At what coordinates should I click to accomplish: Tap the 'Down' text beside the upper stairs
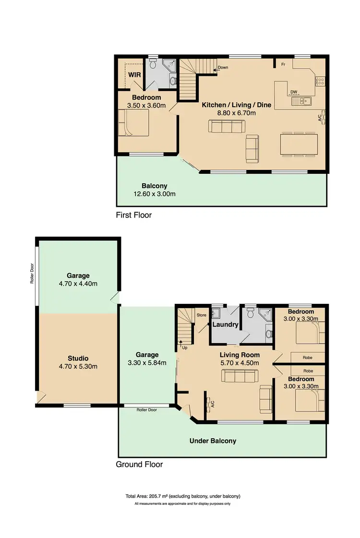pos(223,68)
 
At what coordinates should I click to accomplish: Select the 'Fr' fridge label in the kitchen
pos(284,64)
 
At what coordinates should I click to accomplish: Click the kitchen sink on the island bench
pos(301,101)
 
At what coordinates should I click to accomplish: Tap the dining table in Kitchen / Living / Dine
pos(299,144)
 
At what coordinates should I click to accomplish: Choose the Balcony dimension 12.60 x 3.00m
pos(155,194)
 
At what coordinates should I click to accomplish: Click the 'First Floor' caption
pos(133,215)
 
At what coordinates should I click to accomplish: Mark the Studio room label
pos(78,358)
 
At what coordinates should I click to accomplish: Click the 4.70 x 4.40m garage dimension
pos(78,283)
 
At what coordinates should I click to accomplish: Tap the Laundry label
pos(226,324)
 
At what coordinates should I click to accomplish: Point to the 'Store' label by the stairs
pos(201,315)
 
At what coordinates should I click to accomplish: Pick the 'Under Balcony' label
pos(213,441)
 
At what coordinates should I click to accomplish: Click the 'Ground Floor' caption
pos(139,464)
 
